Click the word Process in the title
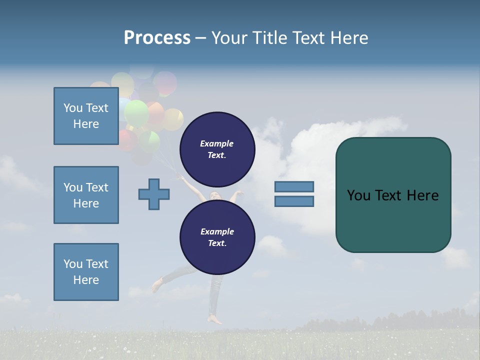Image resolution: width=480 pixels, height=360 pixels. coord(157,38)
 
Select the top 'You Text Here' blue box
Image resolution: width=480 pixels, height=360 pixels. coord(86,116)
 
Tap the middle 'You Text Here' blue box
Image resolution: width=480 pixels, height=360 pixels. coord(86,195)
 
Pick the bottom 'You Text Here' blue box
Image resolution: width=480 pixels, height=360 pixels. coord(86,271)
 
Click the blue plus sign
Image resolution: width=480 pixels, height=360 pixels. coord(154,193)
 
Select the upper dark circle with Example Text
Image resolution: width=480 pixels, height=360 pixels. coord(217,149)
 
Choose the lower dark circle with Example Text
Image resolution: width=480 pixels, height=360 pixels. coord(217,237)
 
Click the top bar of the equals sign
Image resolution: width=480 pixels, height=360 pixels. coord(294,187)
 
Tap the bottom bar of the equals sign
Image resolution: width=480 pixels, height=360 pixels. coord(294,201)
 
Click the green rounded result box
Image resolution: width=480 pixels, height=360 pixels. coord(393,195)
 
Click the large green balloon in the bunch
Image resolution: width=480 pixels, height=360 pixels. coord(136,113)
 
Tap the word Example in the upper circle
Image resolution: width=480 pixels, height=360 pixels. coord(217,143)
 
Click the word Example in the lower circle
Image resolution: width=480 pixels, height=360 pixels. coord(217,231)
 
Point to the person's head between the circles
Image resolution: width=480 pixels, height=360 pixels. coord(215,195)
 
